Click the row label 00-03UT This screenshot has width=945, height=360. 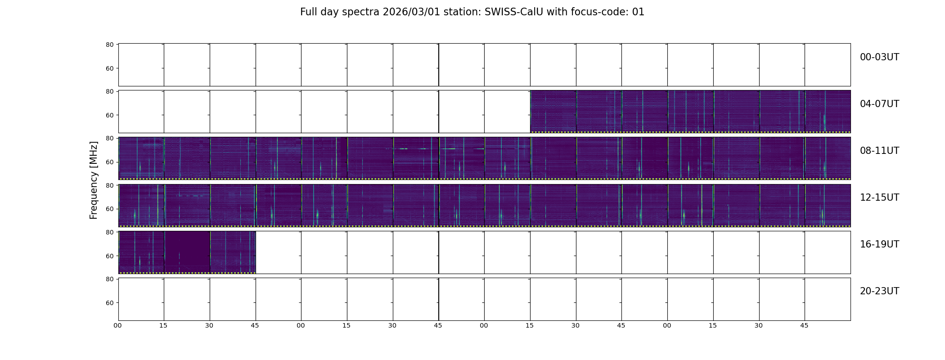(879, 57)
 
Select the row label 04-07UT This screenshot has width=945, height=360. (879, 104)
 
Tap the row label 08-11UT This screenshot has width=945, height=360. (879, 151)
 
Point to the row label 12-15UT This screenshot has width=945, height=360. (879, 198)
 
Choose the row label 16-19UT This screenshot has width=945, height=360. (879, 244)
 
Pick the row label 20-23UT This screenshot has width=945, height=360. (879, 291)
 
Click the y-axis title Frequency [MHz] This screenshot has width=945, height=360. (94, 180)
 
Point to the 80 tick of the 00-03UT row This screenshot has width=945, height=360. (109, 45)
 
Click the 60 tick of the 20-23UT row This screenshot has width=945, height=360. (109, 303)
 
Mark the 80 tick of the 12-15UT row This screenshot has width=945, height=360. (109, 185)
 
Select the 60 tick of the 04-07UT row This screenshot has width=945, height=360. (109, 115)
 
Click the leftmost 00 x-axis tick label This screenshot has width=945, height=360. (117, 325)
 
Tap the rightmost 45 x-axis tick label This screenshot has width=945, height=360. (804, 325)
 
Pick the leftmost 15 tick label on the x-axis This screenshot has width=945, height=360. (163, 325)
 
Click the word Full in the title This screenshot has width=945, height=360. (308, 12)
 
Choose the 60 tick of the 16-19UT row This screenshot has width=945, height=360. (109, 256)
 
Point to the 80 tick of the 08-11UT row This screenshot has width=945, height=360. (109, 139)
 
